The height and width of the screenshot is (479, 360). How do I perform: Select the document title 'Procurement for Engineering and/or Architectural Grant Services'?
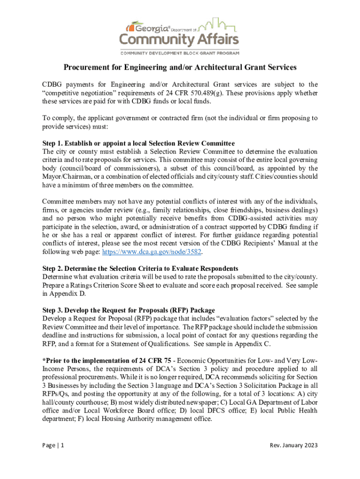pos(180,67)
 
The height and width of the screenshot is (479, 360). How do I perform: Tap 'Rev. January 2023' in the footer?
pos(294,445)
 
